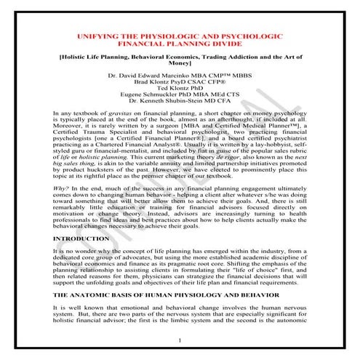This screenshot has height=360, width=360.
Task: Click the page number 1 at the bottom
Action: (x=180, y=340)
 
